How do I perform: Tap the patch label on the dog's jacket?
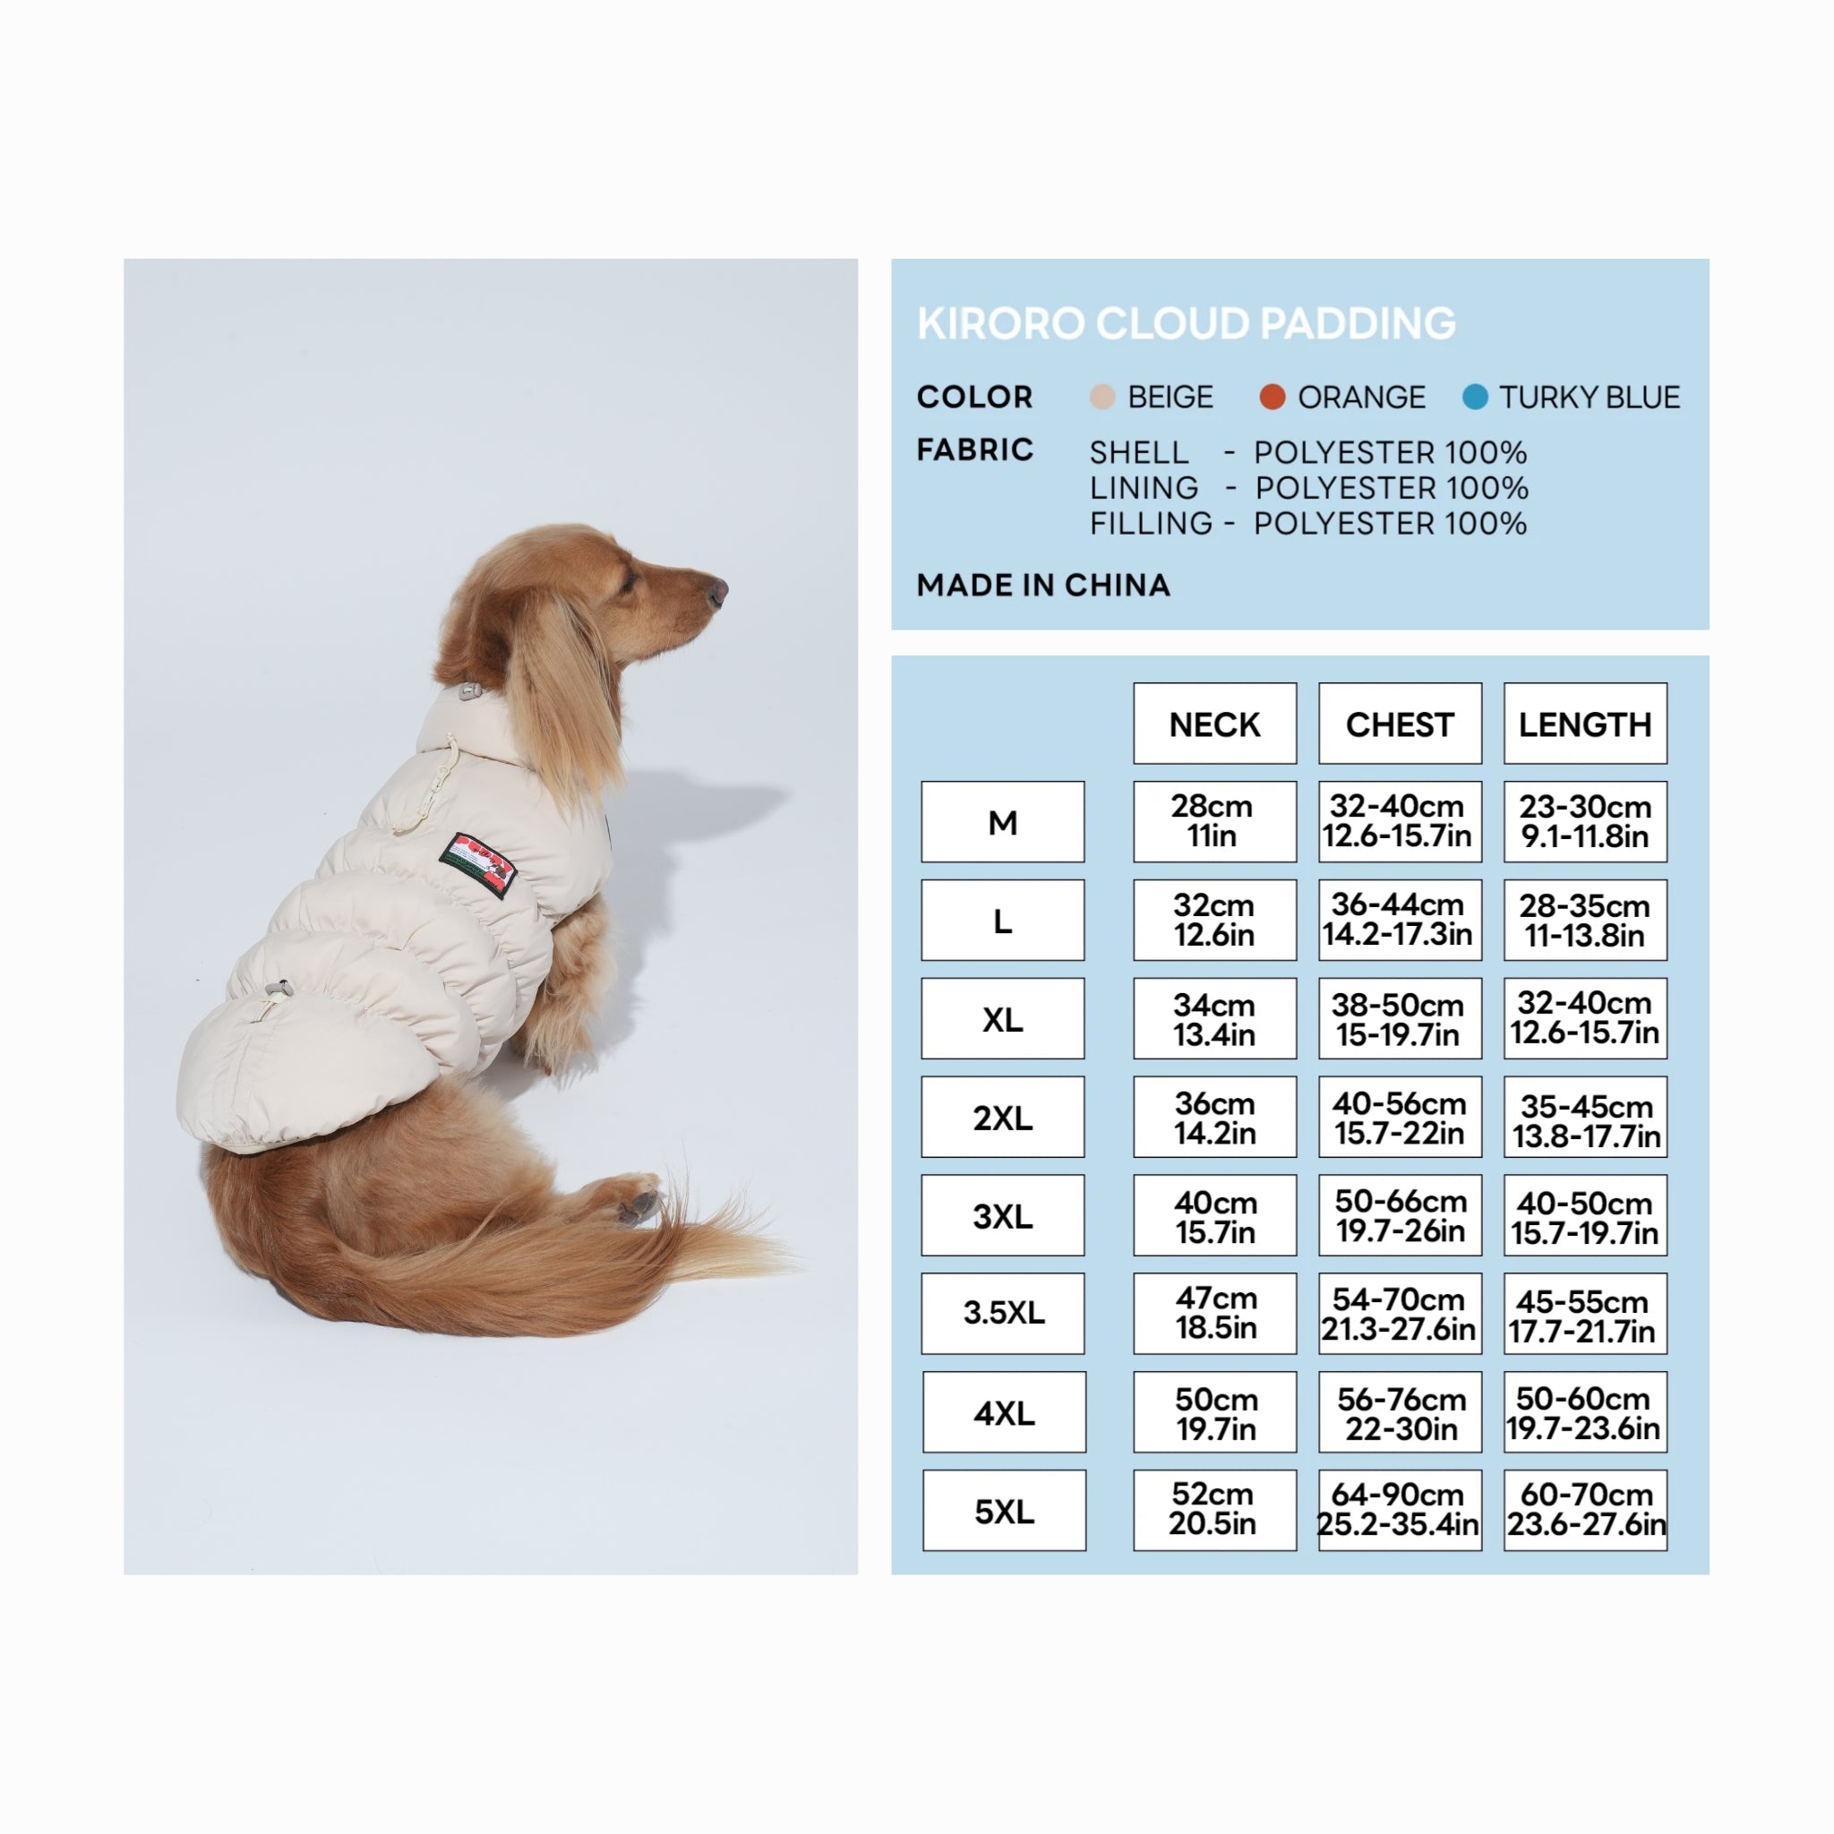477,864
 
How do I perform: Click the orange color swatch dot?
1272,397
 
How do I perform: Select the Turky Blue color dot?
1475,397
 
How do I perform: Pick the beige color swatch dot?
1102,397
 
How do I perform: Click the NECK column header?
1214,724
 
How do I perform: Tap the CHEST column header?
1400,724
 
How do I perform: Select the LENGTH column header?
1584,724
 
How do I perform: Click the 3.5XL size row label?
1002,1313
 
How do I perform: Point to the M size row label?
1002,822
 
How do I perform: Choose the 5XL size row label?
1003,1511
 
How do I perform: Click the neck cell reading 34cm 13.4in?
1214,1018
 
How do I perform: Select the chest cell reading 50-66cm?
1400,1215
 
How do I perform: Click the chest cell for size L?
1400,920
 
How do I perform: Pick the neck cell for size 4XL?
1214,1411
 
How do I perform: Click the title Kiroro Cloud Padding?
1186,323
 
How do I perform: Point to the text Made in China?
1043,585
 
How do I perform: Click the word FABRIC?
975,449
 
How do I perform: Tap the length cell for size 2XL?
1584,1118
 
